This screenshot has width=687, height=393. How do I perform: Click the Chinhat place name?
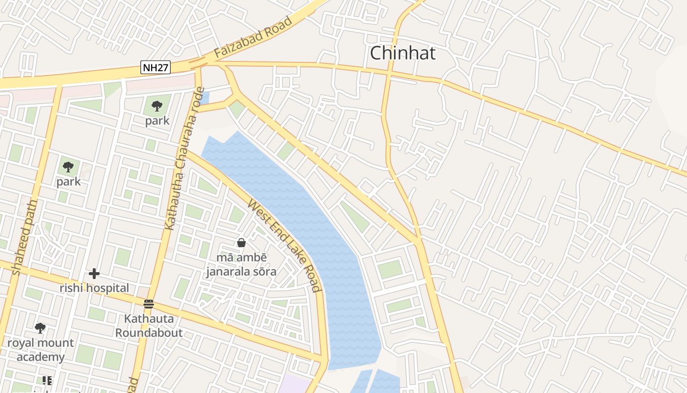point(402,53)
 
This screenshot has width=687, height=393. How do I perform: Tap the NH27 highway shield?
point(156,67)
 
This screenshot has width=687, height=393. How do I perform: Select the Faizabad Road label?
point(253,37)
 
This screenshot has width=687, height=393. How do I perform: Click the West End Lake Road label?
point(285,245)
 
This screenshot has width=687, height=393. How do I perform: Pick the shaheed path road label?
point(24,237)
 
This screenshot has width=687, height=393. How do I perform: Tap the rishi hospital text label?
point(94,288)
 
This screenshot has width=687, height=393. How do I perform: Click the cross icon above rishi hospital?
point(94,274)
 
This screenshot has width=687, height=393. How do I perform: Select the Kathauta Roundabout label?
point(149,326)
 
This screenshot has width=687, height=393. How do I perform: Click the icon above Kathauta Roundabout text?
point(149,304)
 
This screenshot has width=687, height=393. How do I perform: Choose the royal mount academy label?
point(40,350)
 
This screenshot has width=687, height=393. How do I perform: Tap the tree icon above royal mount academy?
point(40,328)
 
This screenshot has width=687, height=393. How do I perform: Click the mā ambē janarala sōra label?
point(241,264)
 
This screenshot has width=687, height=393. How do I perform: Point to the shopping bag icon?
point(241,243)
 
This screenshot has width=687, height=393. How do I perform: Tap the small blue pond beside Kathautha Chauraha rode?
point(205,98)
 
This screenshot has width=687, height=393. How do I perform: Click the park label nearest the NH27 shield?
point(157,121)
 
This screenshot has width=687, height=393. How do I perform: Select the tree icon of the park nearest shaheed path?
point(68,167)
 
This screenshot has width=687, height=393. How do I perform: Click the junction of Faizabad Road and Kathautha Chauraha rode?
point(198,63)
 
